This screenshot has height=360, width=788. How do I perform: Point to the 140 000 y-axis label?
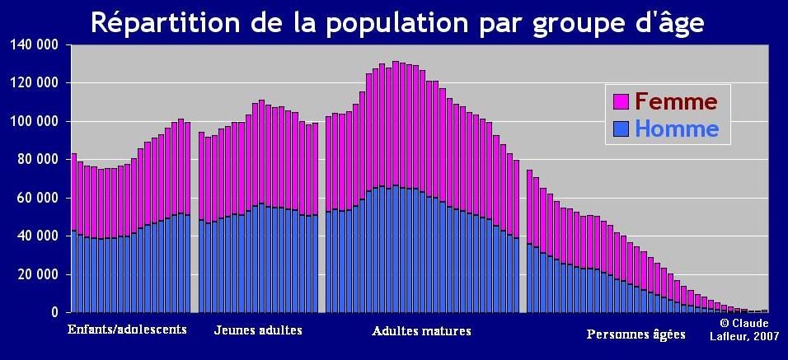[35, 44]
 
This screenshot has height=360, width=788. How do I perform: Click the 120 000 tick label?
[35, 82]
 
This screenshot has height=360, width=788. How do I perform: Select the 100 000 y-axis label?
[35, 121]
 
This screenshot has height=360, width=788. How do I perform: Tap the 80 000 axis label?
[37, 159]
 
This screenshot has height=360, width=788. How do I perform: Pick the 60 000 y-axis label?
[37, 198]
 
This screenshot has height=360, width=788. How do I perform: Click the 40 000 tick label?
[37, 236]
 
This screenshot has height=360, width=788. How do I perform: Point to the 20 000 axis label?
[37, 274]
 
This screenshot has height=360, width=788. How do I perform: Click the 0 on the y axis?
[54, 312]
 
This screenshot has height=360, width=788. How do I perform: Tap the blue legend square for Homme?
[621, 129]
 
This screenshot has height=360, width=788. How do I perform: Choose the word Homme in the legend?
[677, 129]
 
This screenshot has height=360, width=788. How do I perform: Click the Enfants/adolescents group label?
[127, 330]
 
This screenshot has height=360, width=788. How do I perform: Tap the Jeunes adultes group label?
[258, 330]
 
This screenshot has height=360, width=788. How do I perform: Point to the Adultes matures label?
[422, 331]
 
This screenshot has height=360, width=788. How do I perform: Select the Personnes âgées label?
[636, 334]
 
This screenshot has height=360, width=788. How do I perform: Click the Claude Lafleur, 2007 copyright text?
[744, 330]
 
